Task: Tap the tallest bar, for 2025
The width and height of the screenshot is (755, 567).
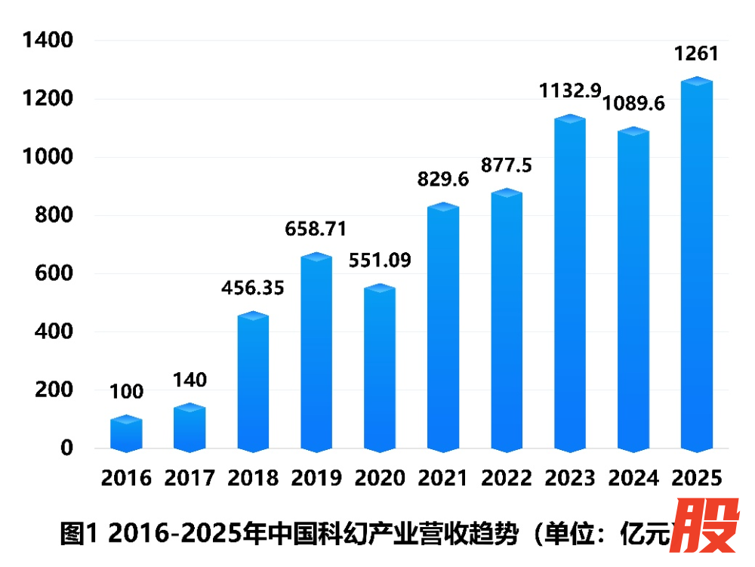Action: pyautogui.click(x=696, y=264)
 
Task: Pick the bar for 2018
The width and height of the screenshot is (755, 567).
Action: pyautogui.click(x=253, y=382)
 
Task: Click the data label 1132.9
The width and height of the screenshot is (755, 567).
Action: pyautogui.click(x=570, y=91)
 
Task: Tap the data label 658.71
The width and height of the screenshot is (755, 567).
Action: pyautogui.click(x=316, y=229)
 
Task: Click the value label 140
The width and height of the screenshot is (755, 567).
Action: pyautogui.click(x=190, y=380)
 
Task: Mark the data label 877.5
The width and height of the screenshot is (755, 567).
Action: pyautogui.click(x=507, y=165)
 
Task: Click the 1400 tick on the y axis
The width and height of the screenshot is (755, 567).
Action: pyautogui.click(x=48, y=40)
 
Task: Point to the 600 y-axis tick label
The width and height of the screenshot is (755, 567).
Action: pyautogui.click(x=57, y=273)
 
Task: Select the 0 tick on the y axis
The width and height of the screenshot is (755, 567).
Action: pyautogui.click(x=67, y=448)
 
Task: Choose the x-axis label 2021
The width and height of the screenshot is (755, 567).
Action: pyautogui.click(x=443, y=478)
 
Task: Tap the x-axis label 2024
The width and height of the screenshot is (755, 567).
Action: pyautogui.click(x=633, y=478)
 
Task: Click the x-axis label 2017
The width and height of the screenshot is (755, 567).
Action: pyautogui.click(x=190, y=478)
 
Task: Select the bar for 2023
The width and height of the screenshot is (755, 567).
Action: pyautogui.click(x=570, y=283)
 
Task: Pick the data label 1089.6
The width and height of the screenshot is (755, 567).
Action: pyautogui.click(x=633, y=104)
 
